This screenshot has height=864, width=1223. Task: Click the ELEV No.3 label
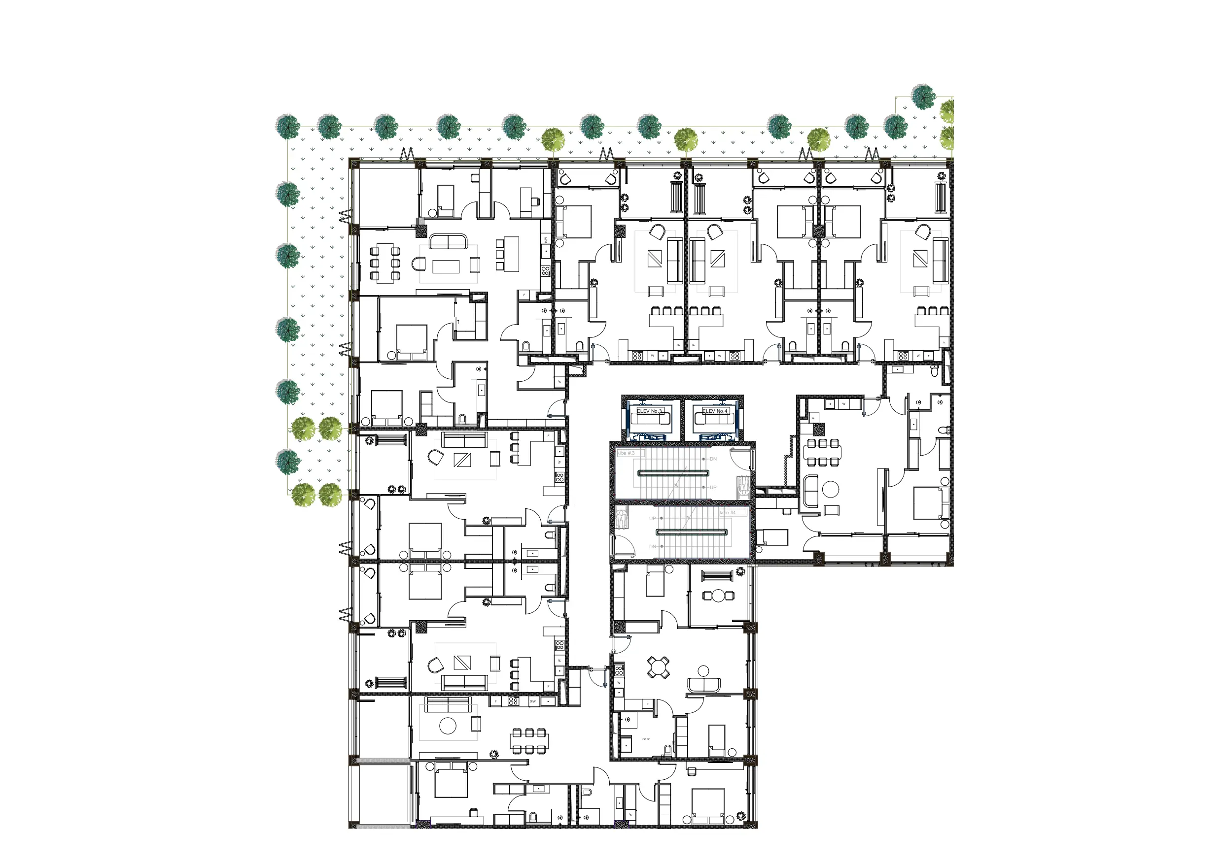coord(649,411)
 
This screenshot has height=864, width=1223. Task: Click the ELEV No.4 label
coord(714,411)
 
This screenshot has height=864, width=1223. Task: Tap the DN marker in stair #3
coord(713,459)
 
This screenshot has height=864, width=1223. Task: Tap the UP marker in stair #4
coord(653,519)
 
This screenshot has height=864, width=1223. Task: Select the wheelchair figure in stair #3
coord(742,486)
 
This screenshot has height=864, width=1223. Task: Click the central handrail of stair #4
coord(692,532)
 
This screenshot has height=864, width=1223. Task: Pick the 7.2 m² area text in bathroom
coord(646,739)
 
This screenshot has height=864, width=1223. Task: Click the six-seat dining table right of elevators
coord(822,453)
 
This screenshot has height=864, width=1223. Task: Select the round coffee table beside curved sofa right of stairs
coord(831,488)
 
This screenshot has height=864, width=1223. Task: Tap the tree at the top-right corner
coord(923,97)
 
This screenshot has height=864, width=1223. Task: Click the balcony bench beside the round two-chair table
coord(718,576)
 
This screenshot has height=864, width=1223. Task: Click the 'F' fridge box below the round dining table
coord(648,704)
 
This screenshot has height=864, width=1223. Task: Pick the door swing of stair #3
coord(740,458)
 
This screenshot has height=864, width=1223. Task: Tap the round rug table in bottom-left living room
coord(448,725)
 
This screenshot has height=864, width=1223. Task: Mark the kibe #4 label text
coord(728,513)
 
